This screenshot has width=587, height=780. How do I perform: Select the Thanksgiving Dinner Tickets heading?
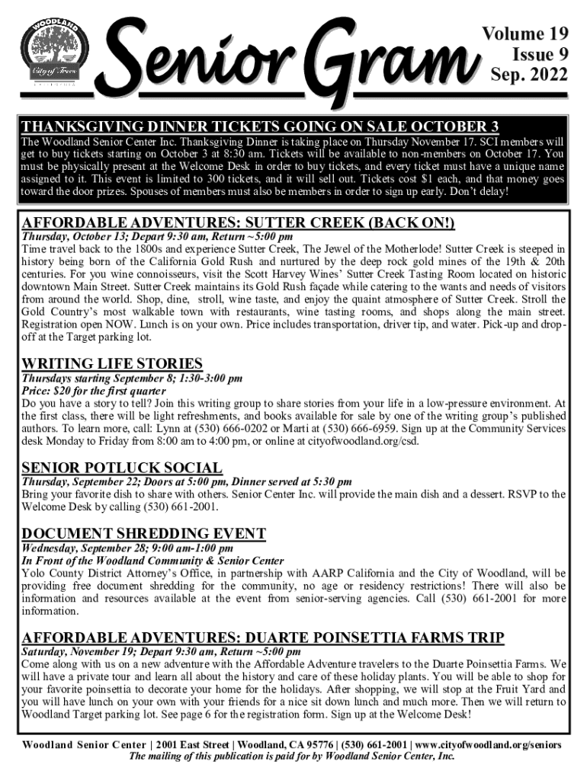click(x=260, y=126)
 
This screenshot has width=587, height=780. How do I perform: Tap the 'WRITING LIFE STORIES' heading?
click(x=112, y=363)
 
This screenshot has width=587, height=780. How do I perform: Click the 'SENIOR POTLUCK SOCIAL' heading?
click(x=122, y=468)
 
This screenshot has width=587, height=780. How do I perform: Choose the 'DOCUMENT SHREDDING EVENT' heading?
click(x=144, y=533)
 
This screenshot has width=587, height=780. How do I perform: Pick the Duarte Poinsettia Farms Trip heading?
click(x=263, y=638)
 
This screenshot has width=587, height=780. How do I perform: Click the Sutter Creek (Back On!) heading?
click(x=238, y=223)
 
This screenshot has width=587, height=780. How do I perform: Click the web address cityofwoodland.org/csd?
click(x=358, y=429)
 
